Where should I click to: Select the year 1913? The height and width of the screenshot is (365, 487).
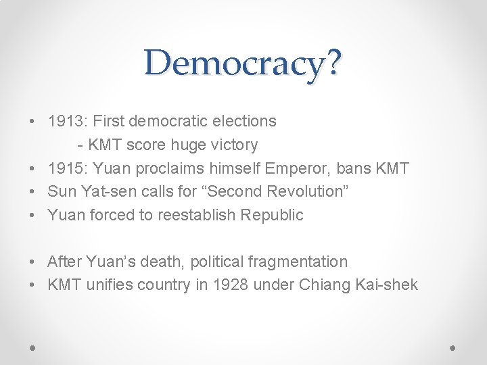64,121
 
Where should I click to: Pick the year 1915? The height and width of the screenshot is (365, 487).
64,168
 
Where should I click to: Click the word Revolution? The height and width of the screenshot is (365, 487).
306,191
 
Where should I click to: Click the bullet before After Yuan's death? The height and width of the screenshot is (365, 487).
32,262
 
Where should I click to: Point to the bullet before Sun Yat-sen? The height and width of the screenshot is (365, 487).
32,192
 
